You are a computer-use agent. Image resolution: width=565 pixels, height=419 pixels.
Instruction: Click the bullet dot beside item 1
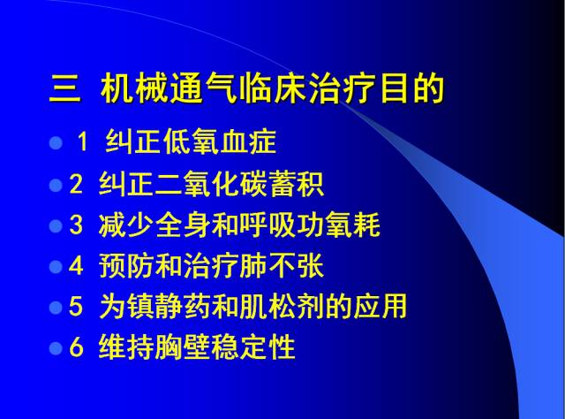click(x=56, y=142)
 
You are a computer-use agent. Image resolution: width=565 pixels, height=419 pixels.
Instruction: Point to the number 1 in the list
click(x=84, y=143)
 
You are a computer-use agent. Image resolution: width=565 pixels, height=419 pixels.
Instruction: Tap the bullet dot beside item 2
click(x=56, y=185)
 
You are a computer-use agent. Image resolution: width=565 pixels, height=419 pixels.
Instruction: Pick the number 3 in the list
click(x=75, y=225)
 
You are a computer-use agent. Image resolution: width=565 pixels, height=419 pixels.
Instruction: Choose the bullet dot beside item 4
click(x=56, y=266)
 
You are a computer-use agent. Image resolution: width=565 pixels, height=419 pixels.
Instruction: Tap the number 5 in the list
click(x=75, y=308)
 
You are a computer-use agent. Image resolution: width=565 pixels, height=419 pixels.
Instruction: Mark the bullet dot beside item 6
click(x=56, y=348)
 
